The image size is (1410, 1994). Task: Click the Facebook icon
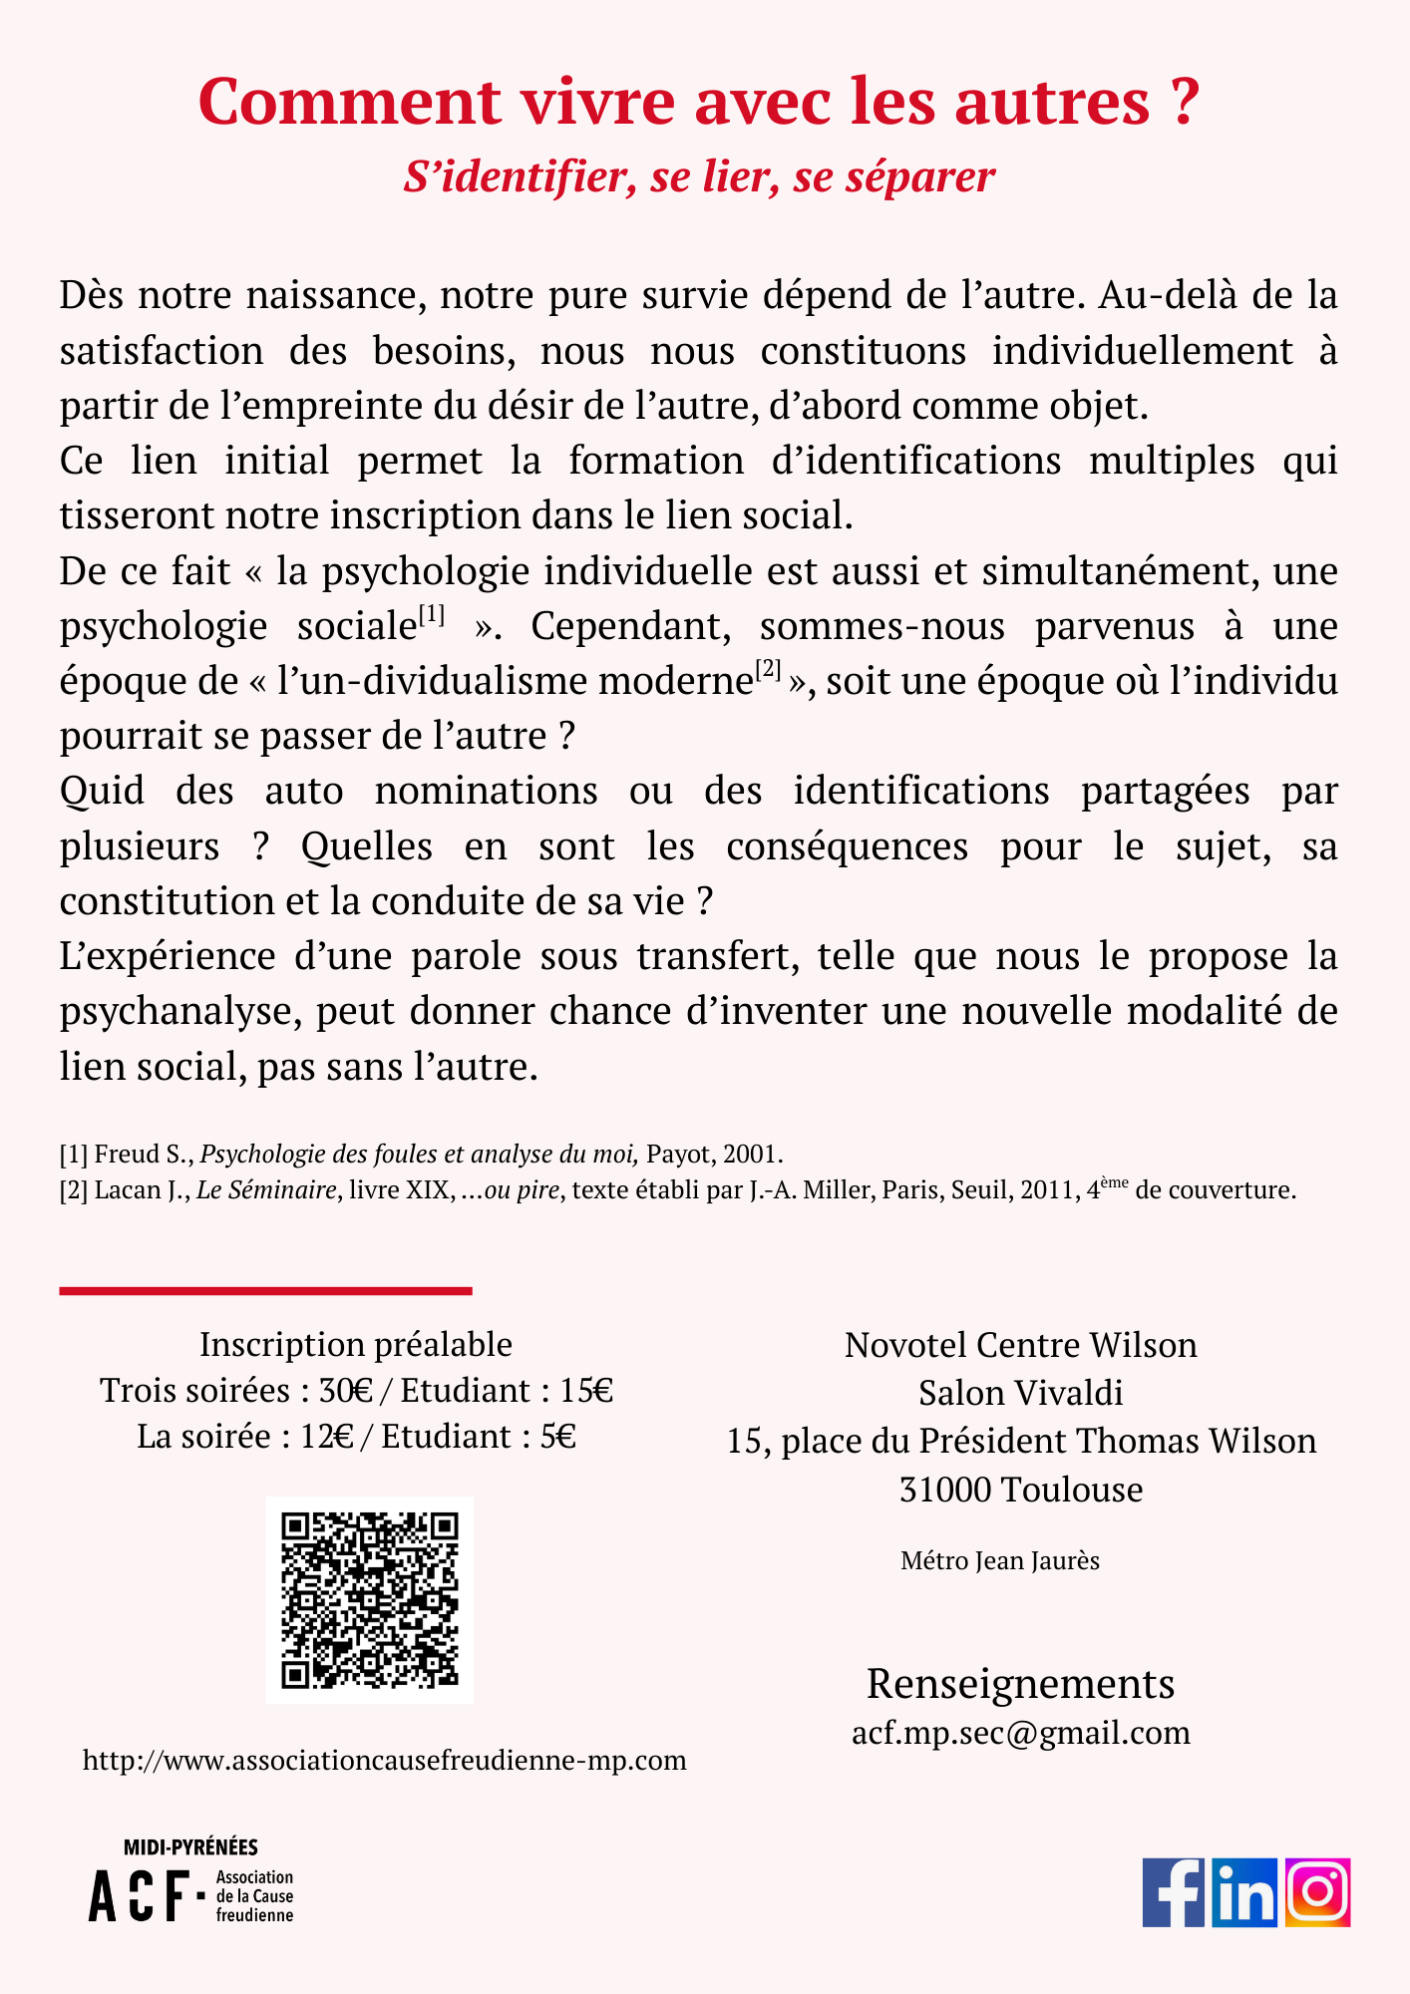point(1174,1892)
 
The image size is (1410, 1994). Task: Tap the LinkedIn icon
point(1244,1892)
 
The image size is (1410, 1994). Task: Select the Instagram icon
point(1317,1892)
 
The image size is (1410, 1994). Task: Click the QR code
point(369,1600)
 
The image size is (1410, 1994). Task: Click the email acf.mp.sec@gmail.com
point(1020,1733)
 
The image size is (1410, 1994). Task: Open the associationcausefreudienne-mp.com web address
point(385,1761)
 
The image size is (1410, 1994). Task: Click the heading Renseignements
point(1020,1684)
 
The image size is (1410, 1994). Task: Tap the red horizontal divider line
point(265,1291)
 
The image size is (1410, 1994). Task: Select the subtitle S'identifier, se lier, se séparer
point(699,176)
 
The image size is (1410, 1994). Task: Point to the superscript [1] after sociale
point(431,615)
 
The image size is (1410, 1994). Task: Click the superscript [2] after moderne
point(768,670)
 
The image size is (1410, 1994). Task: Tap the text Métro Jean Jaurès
point(999,1560)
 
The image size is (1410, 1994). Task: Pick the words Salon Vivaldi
point(1020,1393)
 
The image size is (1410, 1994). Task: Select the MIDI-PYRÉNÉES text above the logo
point(190,1847)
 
